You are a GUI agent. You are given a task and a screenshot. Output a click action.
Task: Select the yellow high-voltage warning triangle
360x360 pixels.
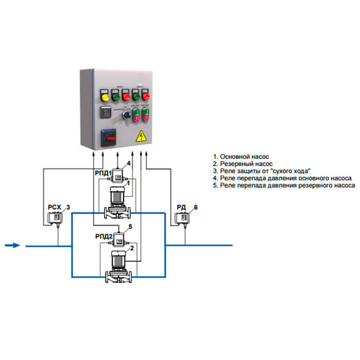(139, 136)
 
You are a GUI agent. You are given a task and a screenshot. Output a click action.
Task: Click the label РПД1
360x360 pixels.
(103, 174)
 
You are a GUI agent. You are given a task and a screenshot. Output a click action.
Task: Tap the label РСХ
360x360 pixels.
(55, 208)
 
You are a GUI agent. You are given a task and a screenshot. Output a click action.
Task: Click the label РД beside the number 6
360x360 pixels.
(181, 207)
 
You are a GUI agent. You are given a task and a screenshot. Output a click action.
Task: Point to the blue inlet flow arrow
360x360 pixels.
(12, 245)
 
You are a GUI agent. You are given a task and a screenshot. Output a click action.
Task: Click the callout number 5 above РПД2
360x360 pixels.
(130, 227)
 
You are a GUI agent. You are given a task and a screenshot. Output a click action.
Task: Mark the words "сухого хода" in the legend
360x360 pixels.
(294, 170)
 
